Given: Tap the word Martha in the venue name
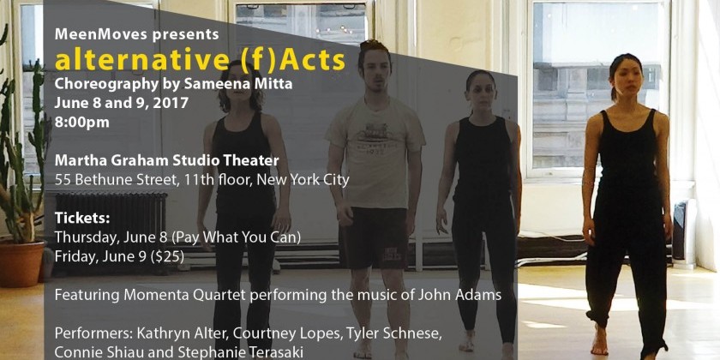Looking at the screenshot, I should pos(80,160).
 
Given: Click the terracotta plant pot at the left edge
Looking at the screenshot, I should pos(19,262).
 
